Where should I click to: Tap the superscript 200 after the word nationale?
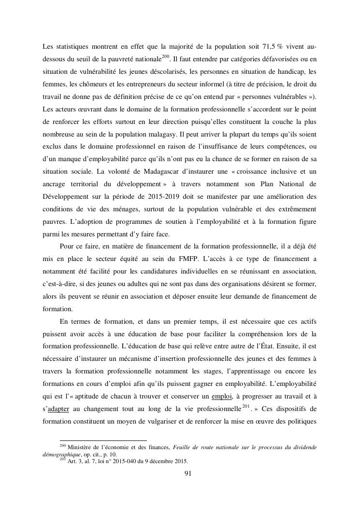click(x=165, y=57)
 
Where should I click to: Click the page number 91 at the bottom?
click(x=188, y=473)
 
